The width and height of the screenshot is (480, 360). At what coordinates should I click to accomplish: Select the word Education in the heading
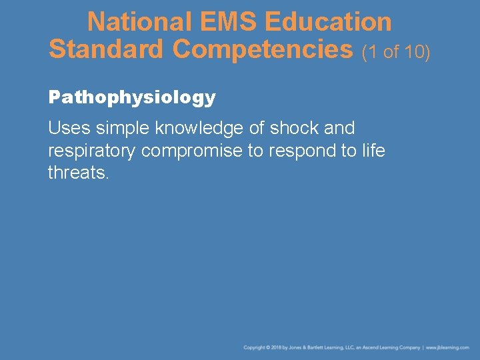tap(328, 22)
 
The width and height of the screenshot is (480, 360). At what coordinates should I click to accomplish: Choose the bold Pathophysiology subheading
tap(132, 98)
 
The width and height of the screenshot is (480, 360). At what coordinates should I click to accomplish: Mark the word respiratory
tap(92, 151)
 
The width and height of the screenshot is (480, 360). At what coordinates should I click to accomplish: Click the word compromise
tap(192, 151)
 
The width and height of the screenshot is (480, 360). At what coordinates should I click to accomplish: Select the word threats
tap(77, 173)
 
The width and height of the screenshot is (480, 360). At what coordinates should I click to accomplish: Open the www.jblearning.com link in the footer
tap(448, 348)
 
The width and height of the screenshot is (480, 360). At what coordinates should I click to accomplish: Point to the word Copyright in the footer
tap(254, 348)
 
